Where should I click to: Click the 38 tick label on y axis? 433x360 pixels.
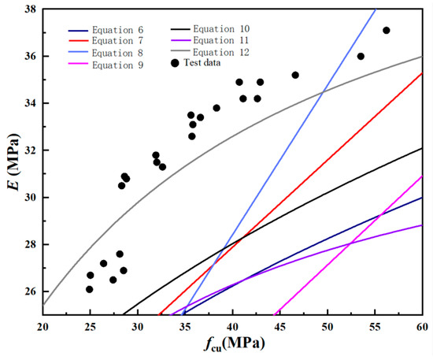point(29,9)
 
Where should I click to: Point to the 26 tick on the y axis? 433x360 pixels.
point(29,291)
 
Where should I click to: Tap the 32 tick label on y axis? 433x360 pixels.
point(29,150)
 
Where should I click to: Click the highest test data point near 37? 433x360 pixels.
point(386,30)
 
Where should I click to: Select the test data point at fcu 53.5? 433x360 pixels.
point(361,56)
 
